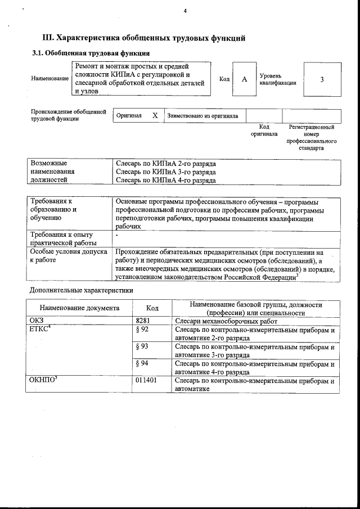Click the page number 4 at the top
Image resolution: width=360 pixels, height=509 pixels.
click(x=184, y=12)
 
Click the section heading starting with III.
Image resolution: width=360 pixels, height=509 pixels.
click(x=144, y=38)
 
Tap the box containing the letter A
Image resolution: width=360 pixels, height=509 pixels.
click(x=244, y=79)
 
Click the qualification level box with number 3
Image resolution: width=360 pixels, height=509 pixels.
click(x=322, y=79)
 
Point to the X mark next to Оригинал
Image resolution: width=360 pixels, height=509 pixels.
click(x=155, y=116)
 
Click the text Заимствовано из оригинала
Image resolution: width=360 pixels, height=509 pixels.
click(x=202, y=116)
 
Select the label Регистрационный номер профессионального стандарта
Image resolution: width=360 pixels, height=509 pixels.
click(x=311, y=138)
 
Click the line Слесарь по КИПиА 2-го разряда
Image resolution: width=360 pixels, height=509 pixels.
click(x=165, y=163)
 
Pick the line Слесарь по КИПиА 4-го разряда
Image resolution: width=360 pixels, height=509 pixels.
click(x=165, y=181)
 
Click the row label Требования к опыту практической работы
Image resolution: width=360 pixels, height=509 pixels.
click(x=61, y=238)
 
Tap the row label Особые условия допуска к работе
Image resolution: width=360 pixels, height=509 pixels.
click(x=68, y=256)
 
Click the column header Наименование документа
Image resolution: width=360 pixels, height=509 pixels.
click(x=79, y=308)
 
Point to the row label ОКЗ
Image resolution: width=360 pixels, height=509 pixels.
click(x=36, y=321)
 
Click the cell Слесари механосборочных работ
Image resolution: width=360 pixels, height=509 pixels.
click(x=227, y=321)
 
